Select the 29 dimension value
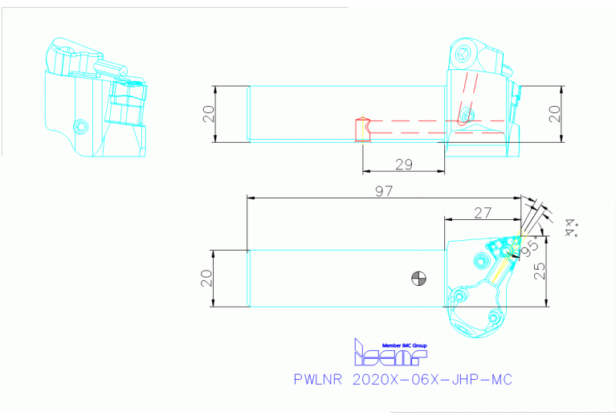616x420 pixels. [404, 164]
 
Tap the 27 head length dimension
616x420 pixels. [483, 213]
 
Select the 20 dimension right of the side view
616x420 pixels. [553, 114]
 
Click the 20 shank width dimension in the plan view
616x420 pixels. [207, 278]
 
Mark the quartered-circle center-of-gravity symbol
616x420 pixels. [418, 279]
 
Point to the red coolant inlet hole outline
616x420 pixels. [361, 128]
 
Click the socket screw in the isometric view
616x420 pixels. [80, 126]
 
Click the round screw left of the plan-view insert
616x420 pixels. [482, 259]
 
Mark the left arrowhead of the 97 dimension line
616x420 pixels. [250, 197]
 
